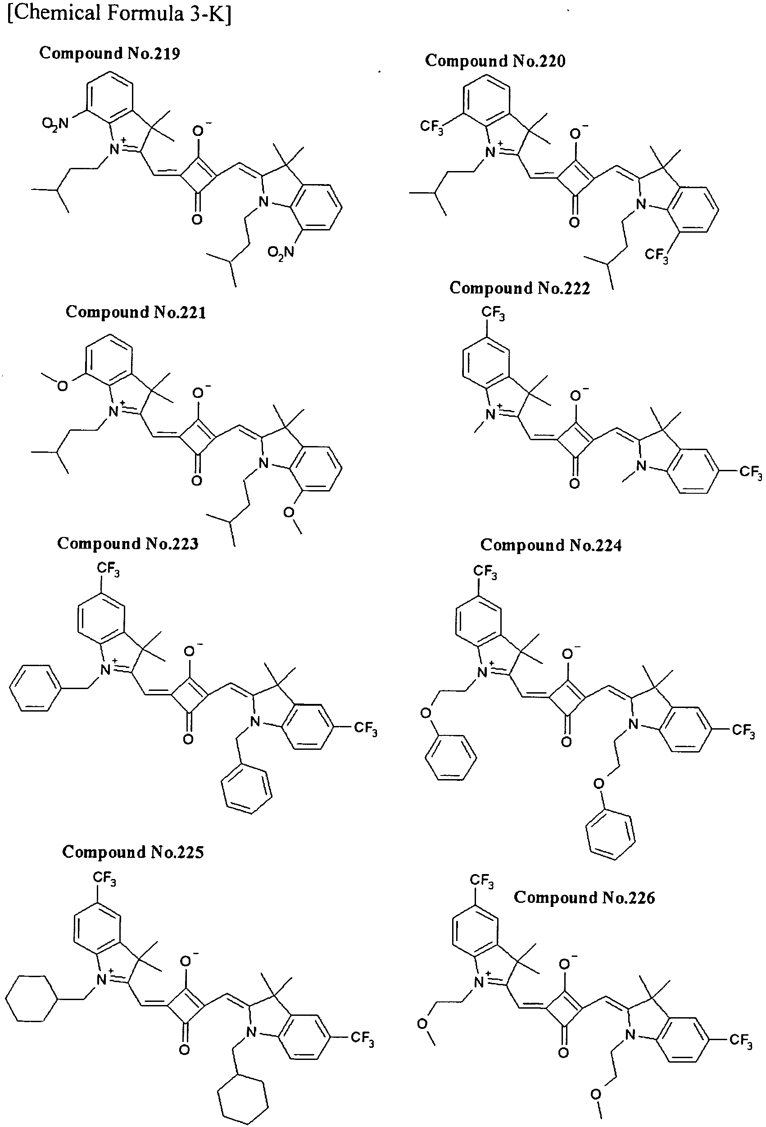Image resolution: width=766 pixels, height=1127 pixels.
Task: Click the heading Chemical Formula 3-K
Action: click(119, 13)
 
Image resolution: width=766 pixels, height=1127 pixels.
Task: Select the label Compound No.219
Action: click(109, 53)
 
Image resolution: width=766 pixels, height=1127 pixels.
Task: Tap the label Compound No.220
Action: click(495, 61)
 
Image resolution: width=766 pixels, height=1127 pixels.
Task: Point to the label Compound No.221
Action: click(136, 312)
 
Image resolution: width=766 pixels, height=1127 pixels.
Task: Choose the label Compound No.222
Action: click(520, 288)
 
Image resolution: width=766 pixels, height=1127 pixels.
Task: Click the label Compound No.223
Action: click(127, 544)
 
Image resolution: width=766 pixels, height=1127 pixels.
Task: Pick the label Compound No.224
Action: click(551, 545)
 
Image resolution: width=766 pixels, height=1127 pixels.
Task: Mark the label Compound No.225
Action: click(133, 852)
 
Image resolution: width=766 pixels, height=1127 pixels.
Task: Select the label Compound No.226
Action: click(584, 897)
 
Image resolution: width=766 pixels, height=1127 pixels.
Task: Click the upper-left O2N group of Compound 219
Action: click(55, 124)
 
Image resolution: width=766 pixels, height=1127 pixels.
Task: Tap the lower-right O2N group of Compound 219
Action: click(281, 252)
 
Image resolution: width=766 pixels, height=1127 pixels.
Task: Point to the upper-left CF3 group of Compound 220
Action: click(432, 127)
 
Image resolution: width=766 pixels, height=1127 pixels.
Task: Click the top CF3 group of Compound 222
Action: click(493, 313)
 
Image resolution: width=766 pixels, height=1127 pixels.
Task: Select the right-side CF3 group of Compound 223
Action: click(365, 729)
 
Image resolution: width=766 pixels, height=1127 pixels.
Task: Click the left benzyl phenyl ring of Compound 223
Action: click(36, 688)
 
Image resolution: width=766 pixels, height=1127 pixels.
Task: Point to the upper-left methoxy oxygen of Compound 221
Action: click(62, 386)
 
